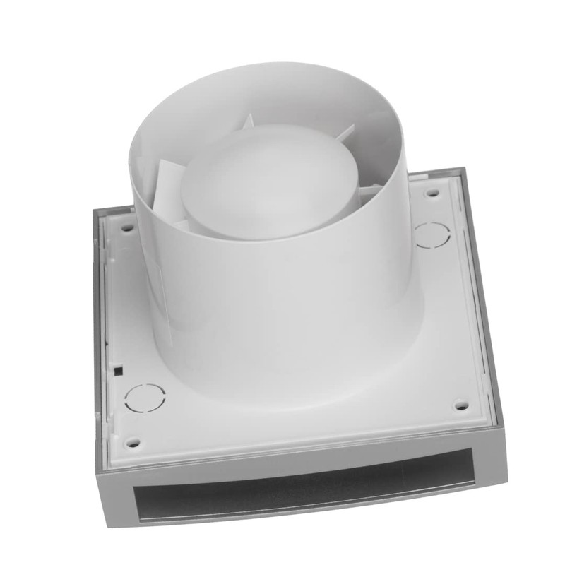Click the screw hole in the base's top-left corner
point(127,228)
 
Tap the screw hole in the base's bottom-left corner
point(131,443)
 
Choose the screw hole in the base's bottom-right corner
point(460,405)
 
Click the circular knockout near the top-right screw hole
point(432,234)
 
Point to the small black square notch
point(118,369)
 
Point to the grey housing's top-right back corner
point(463,170)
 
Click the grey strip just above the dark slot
point(304,459)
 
